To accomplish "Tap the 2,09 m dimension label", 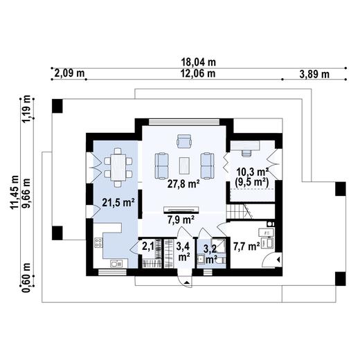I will tap(69, 73).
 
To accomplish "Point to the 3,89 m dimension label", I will tap(314, 73).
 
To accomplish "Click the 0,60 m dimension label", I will tap(28, 275).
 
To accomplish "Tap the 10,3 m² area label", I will tap(252, 172).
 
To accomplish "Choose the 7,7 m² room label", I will tap(246, 246).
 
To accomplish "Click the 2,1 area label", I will tap(148, 245).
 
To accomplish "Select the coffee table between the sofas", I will tap(184, 165).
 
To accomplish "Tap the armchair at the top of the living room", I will tap(184, 143).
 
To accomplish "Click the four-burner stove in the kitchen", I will tap(98, 244).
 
